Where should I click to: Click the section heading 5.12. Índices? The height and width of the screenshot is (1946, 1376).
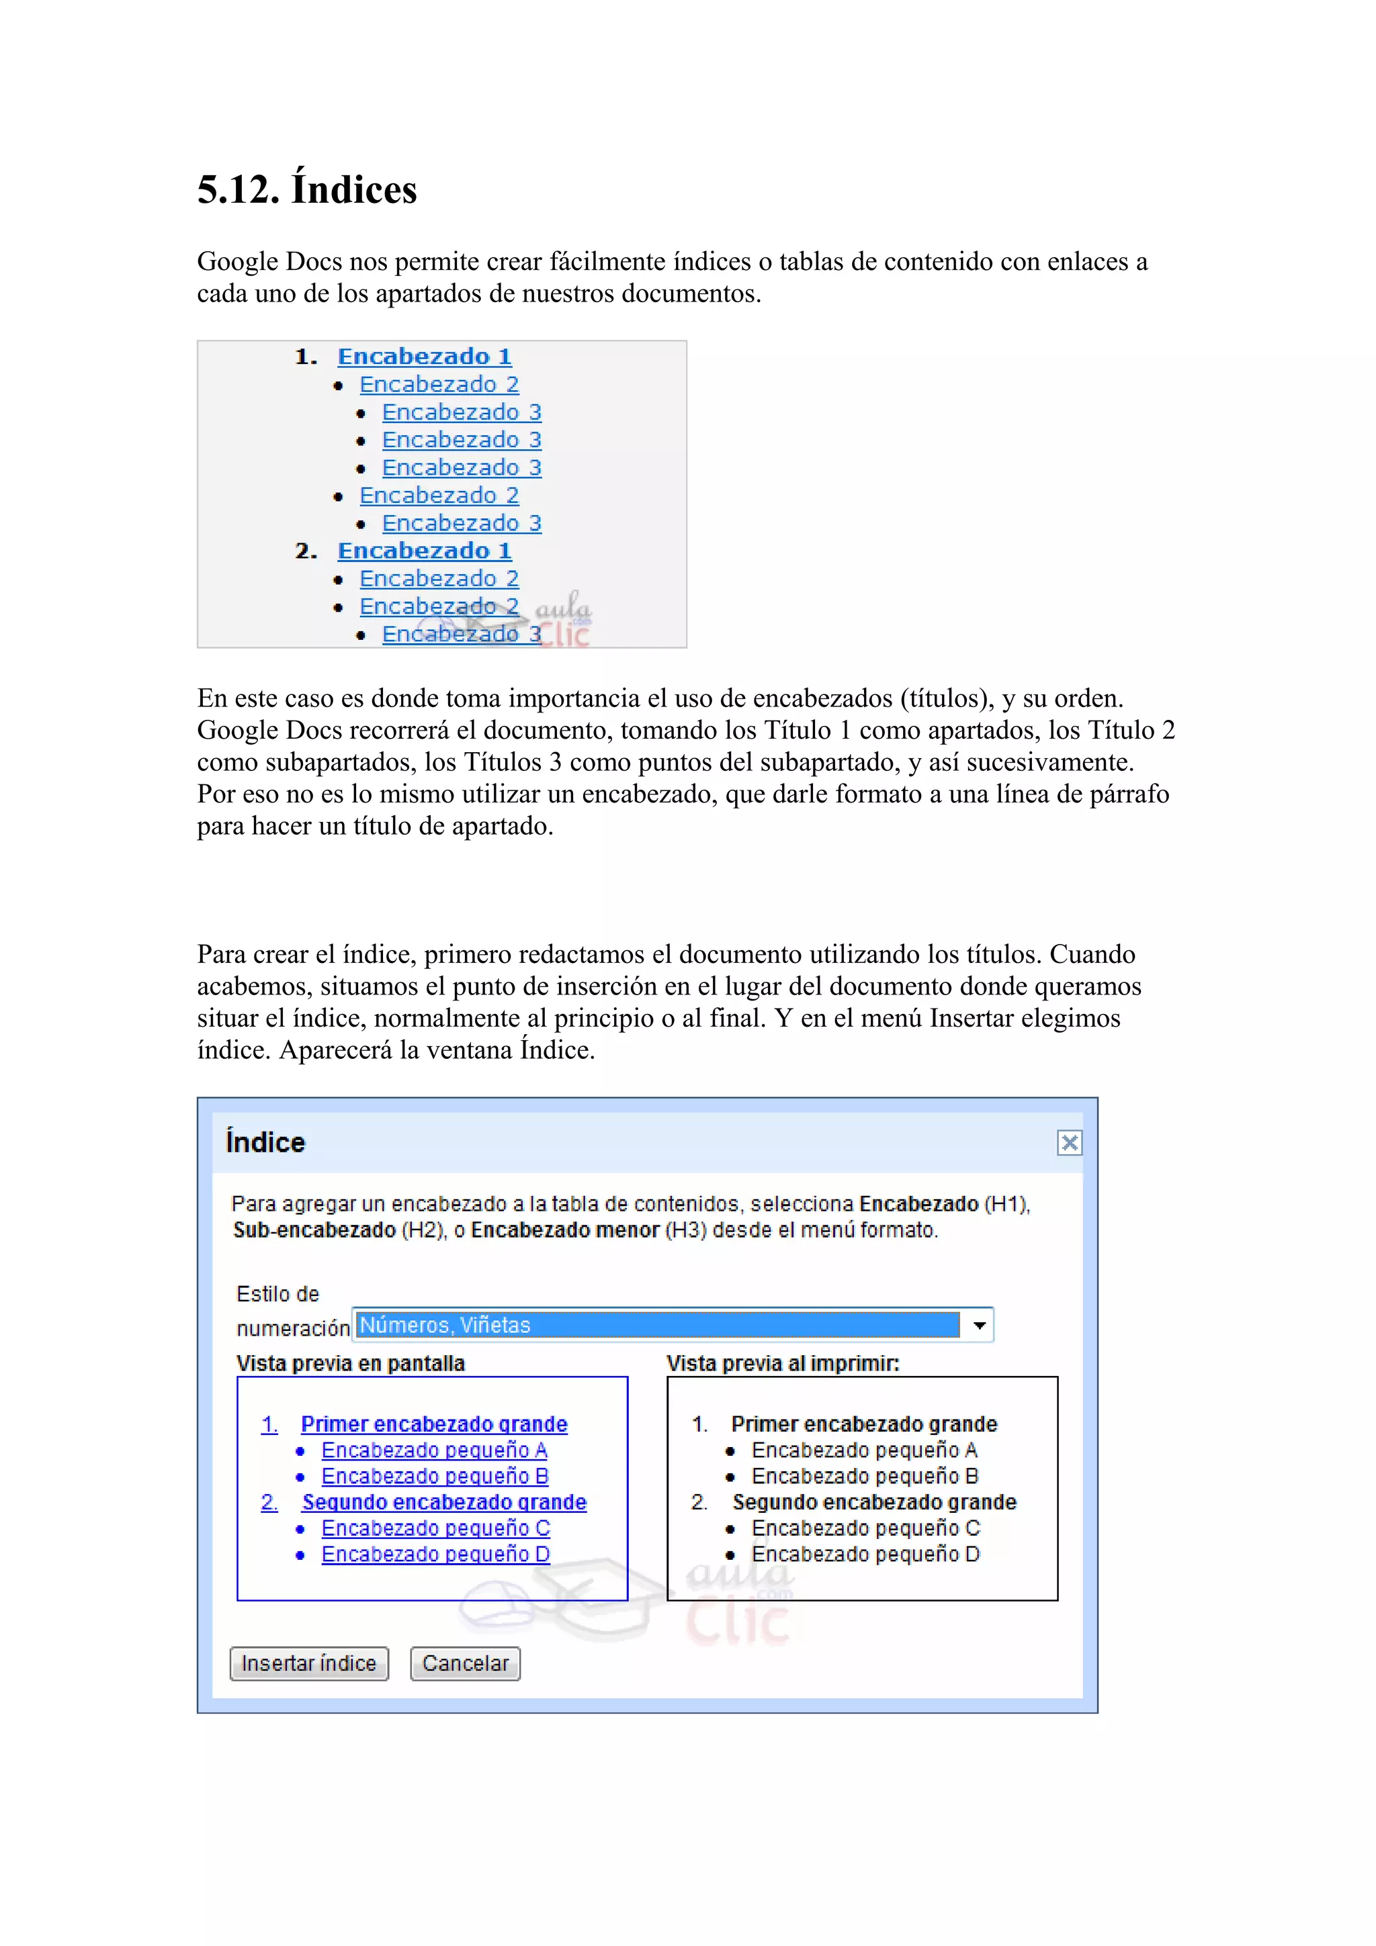pos(307,189)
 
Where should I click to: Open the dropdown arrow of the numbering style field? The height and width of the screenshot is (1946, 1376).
pos(979,1325)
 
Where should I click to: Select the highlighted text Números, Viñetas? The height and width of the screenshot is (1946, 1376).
pos(445,1325)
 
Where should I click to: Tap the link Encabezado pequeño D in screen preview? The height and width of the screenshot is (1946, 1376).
pos(436,1554)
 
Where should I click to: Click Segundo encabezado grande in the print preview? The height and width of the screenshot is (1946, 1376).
pos(874,1502)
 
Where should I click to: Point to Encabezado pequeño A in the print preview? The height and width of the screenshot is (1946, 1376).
pos(864,1450)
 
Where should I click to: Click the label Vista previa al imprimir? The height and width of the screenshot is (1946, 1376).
pos(783,1363)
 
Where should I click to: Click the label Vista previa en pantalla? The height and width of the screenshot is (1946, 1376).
pos(350,1363)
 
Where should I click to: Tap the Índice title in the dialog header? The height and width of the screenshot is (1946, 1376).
pos(265,1142)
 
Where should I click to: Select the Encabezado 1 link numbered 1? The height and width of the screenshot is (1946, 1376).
pos(425,357)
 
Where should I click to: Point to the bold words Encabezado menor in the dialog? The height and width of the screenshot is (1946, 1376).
pos(564,1230)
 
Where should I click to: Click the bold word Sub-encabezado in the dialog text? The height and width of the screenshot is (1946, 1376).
pos(314,1230)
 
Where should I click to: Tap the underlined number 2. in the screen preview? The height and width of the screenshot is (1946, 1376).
pos(269,1502)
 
